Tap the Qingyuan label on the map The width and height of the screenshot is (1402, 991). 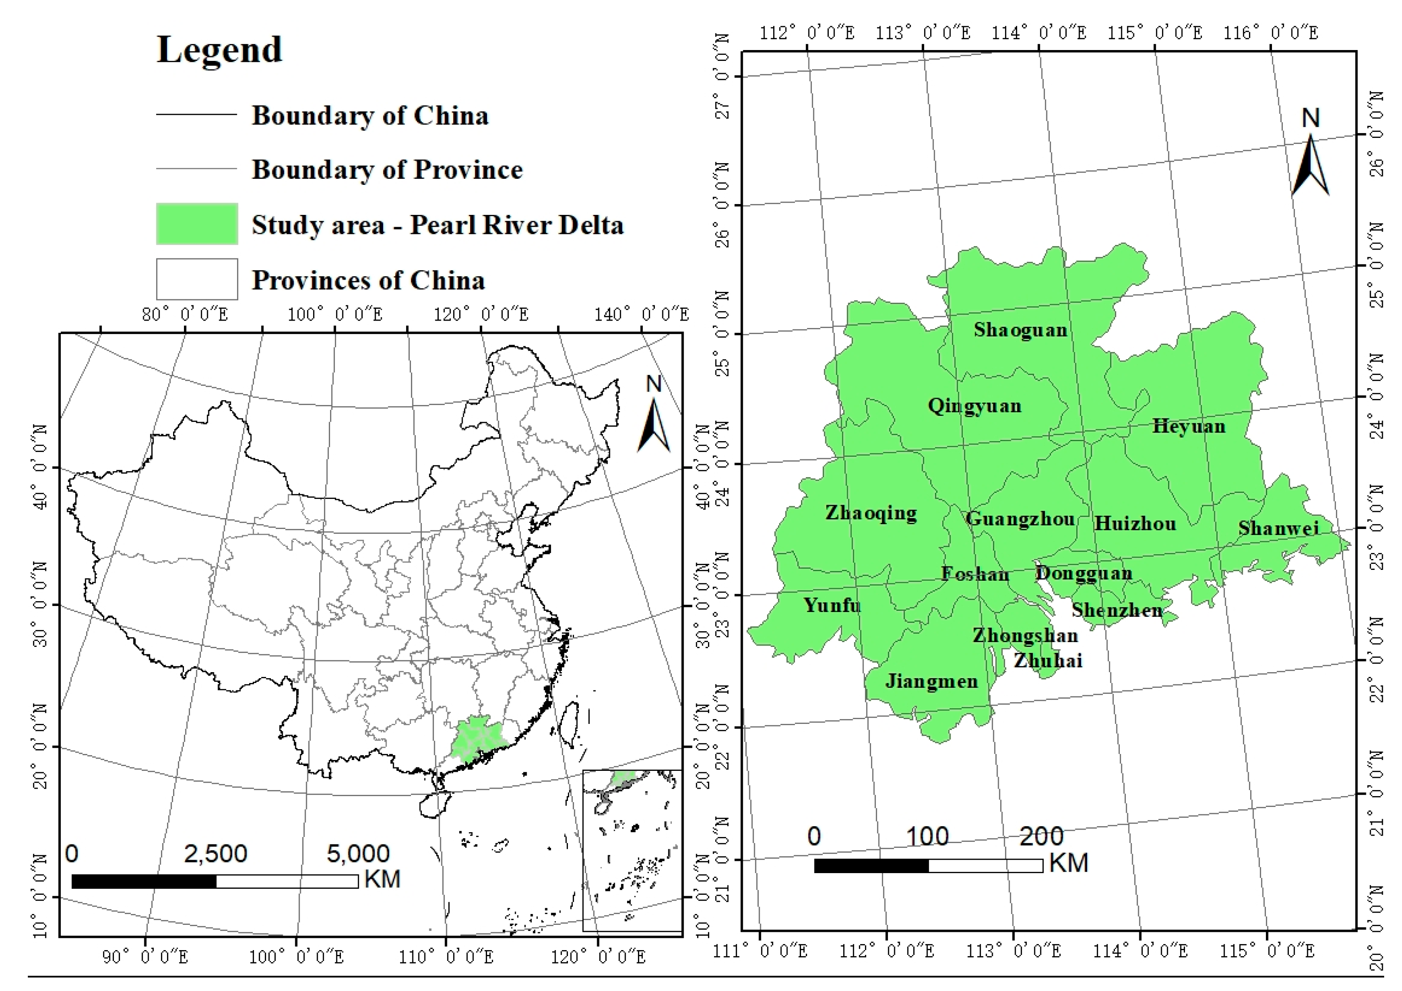(x=974, y=406)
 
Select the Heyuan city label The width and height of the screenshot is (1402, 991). (x=1188, y=426)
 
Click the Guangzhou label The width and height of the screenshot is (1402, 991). (x=1020, y=519)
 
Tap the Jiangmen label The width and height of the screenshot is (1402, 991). (x=931, y=681)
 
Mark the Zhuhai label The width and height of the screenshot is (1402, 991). (x=1048, y=660)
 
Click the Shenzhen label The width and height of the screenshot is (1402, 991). (x=1117, y=610)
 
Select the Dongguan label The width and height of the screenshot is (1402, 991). (x=1084, y=573)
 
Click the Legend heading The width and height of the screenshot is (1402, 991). (x=219, y=50)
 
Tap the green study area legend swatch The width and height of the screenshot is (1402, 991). (x=197, y=224)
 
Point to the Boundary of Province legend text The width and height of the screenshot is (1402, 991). (x=387, y=170)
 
